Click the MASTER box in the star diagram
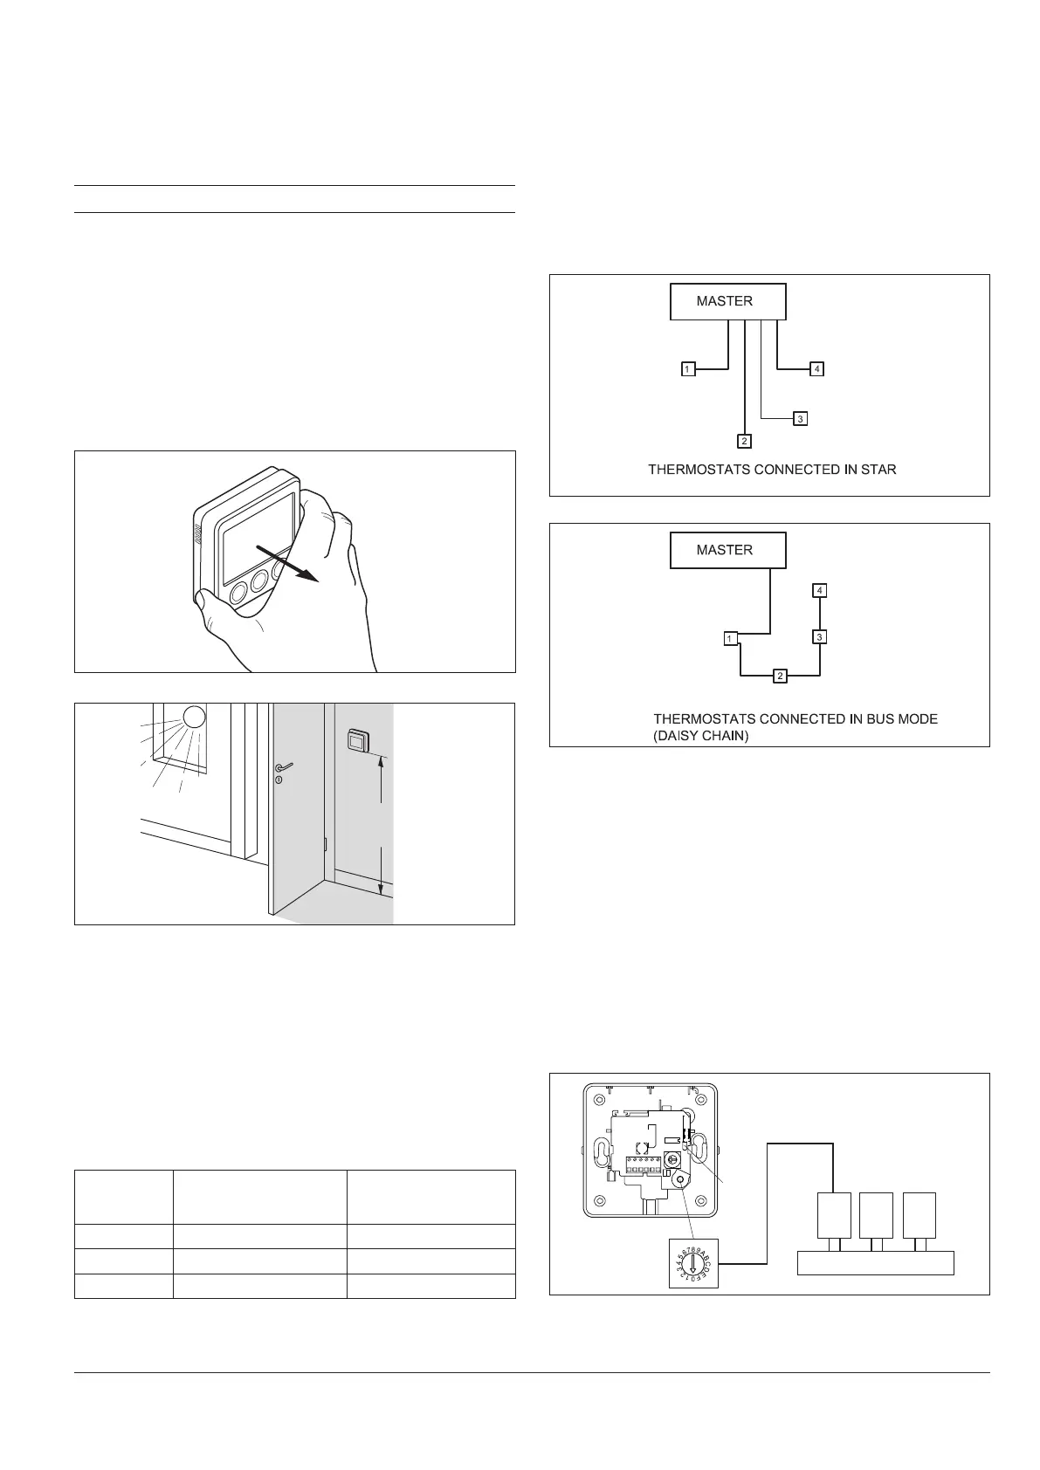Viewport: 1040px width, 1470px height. click(727, 301)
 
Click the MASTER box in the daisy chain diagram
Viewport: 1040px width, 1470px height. click(727, 550)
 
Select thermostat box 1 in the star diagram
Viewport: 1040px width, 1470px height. click(688, 369)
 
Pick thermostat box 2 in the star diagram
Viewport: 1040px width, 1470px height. click(744, 440)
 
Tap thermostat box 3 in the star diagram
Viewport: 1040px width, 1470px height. click(800, 419)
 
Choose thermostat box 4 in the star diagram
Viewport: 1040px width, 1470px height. click(816, 369)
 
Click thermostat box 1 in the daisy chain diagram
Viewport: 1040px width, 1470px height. click(731, 639)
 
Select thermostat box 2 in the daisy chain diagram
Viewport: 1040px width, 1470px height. click(781, 676)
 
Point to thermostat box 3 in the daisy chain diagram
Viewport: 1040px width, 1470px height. click(819, 636)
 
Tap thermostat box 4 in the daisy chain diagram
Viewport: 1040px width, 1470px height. click(819, 591)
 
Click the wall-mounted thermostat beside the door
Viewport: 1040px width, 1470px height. click(355, 741)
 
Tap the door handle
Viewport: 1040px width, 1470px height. click(281, 767)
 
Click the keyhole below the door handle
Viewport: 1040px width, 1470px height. click(279, 780)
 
